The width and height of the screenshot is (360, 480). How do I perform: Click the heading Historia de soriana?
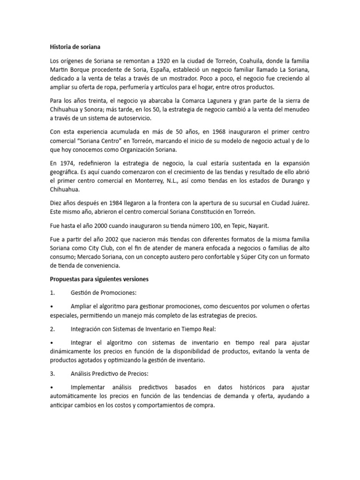(x=75, y=47)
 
